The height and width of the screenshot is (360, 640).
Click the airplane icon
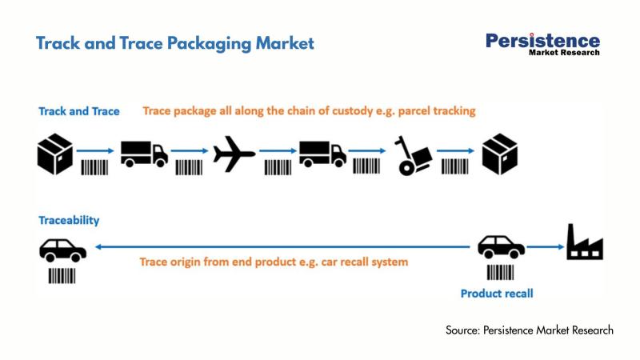(234, 152)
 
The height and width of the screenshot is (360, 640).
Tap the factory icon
(585, 242)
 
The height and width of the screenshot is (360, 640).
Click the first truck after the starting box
(144, 152)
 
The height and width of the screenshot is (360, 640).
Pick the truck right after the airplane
(322, 152)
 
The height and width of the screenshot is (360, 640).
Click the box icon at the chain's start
(55, 152)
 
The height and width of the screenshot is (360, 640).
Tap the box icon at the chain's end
(500, 152)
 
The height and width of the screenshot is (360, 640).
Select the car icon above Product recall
(502, 246)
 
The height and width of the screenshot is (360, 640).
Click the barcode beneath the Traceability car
(62, 275)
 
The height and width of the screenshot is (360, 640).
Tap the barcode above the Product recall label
(502, 271)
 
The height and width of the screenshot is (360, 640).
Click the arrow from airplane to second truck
(277, 150)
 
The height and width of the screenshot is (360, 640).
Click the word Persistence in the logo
(542, 40)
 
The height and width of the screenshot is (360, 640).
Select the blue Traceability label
(68, 219)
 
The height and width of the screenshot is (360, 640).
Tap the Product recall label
(497, 294)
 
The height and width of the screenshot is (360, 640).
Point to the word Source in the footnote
(462, 330)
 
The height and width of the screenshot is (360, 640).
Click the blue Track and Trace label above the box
(78, 111)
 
